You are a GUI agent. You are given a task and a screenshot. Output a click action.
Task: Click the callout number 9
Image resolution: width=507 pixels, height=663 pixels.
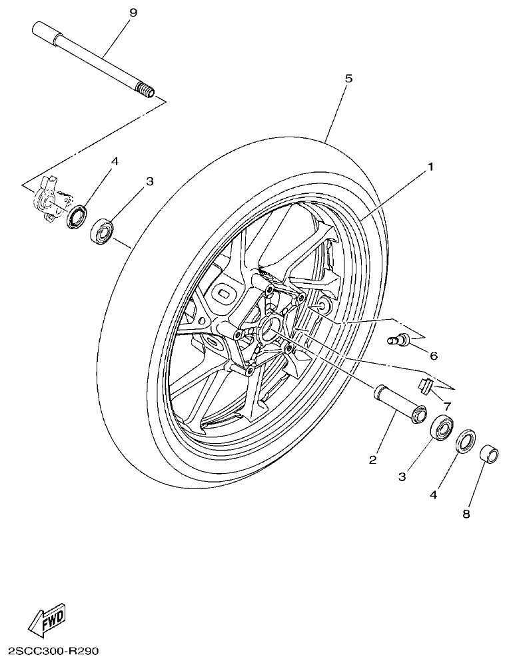coord(133,12)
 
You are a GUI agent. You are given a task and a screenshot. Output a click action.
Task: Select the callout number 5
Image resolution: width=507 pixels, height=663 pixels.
coord(348,78)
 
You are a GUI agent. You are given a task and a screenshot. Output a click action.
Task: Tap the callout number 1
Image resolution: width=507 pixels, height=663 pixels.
coord(430,167)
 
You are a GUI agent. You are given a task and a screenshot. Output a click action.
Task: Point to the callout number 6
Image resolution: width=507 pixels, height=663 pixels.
coord(434,356)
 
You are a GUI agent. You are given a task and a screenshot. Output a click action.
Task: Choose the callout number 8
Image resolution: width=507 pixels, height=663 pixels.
coord(466,514)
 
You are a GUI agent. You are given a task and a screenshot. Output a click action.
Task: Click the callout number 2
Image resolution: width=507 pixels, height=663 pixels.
coord(373,460)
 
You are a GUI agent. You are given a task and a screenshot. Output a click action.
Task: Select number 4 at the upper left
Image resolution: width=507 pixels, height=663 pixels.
coord(115,161)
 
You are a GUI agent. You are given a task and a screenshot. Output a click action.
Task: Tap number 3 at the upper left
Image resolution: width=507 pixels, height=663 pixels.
coord(150,181)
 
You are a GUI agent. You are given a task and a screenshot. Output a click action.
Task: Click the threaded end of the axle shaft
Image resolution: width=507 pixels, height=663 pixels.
coord(145,89)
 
